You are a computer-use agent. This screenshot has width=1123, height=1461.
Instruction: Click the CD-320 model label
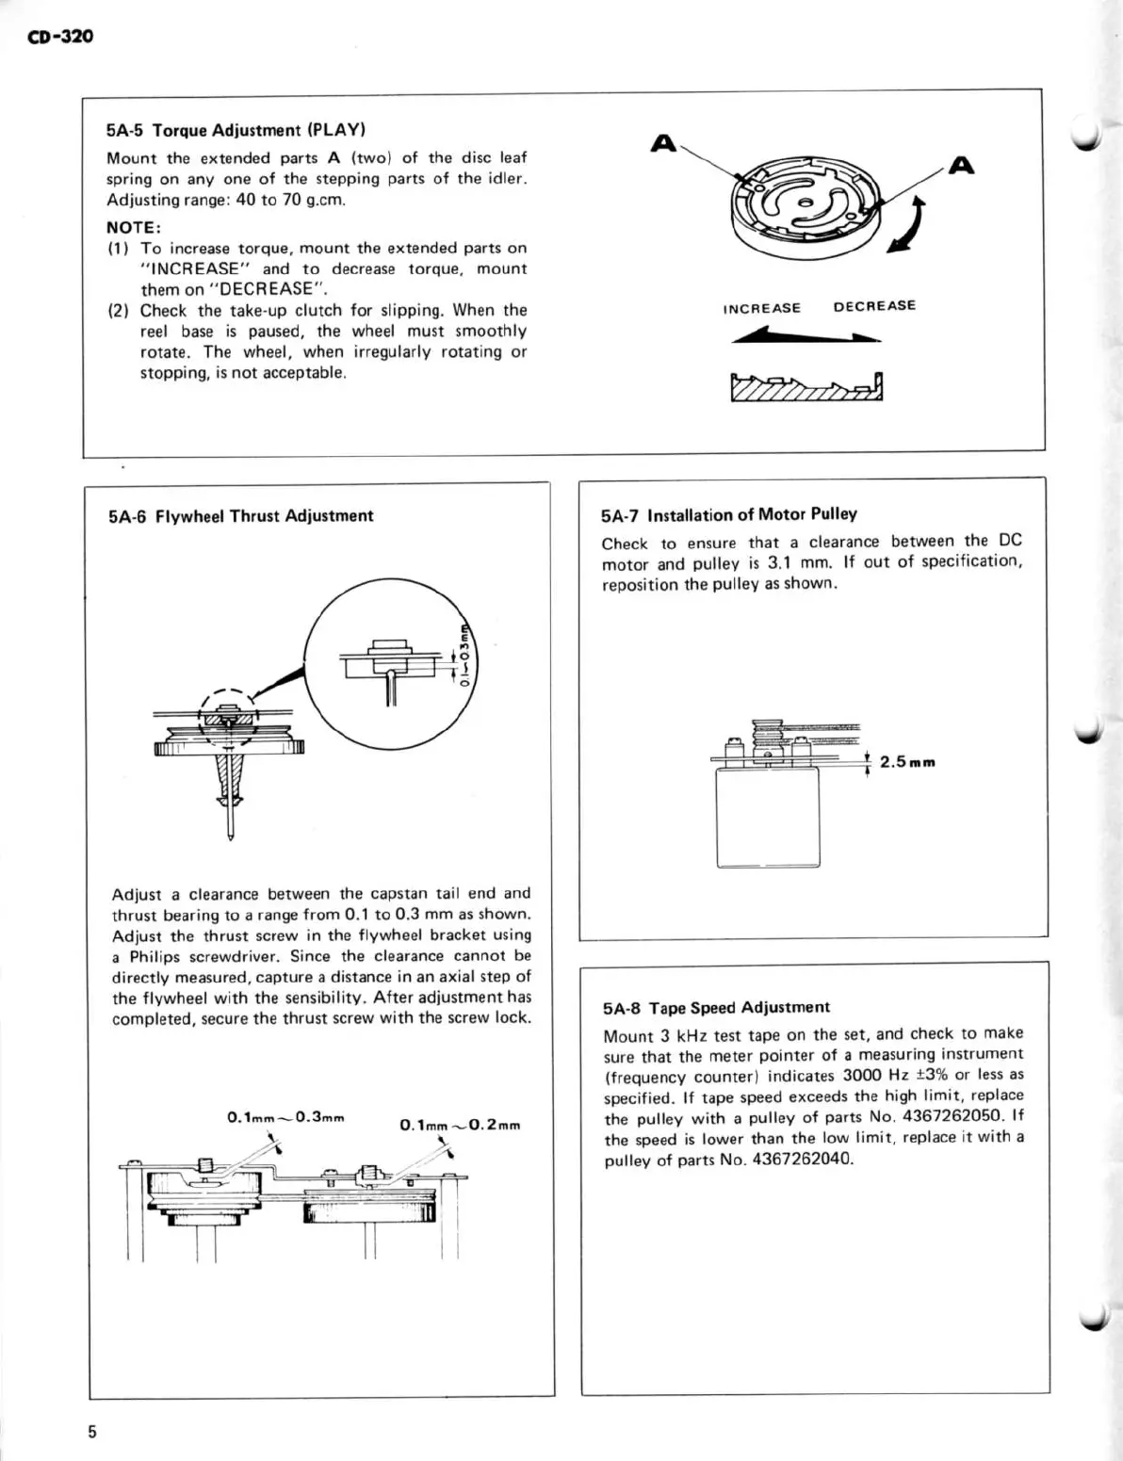point(61,37)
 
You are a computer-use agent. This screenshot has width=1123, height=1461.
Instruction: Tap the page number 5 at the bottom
point(92,1432)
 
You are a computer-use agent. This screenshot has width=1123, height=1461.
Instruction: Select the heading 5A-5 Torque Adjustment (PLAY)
point(236,130)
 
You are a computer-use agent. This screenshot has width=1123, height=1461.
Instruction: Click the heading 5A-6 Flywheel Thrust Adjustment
point(240,516)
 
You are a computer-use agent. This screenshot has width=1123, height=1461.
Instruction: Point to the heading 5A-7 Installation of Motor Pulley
point(728,514)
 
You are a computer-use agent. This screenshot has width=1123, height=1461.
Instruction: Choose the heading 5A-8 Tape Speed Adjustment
point(716,1008)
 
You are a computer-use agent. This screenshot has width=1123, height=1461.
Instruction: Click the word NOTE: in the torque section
point(134,227)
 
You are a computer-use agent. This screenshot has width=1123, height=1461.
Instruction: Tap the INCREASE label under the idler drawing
point(761,308)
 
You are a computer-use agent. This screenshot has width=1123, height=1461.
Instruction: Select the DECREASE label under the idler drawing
point(873,306)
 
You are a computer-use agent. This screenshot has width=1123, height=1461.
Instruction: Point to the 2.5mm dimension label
point(907,762)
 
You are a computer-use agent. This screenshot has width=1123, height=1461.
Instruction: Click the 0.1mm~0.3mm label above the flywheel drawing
point(286,1118)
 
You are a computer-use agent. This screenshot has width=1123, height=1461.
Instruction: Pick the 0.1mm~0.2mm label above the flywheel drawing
point(460,1125)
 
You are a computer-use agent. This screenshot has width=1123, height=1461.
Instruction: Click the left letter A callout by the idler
point(664,144)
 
